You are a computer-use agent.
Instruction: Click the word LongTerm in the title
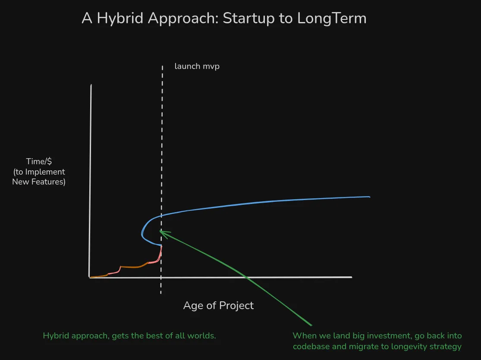(x=332, y=19)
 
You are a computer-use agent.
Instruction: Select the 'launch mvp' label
(x=197, y=66)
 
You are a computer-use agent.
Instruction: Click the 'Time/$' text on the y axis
(x=39, y=161)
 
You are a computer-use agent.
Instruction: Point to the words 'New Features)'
(x=39, y=182)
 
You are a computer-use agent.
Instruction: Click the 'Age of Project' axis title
(x=218, y=306)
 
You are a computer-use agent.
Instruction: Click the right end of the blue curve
(x=369, y=197)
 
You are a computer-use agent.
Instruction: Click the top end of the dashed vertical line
(x=162, y=66)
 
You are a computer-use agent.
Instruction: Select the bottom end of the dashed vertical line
(x=161, y=293)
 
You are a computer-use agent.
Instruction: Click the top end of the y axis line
(x=91, y=85)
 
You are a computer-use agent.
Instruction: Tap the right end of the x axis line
(x=352, y=277)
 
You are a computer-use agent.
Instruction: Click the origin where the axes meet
(x=90, y=277)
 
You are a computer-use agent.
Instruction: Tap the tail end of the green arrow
(x=311, y=325)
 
